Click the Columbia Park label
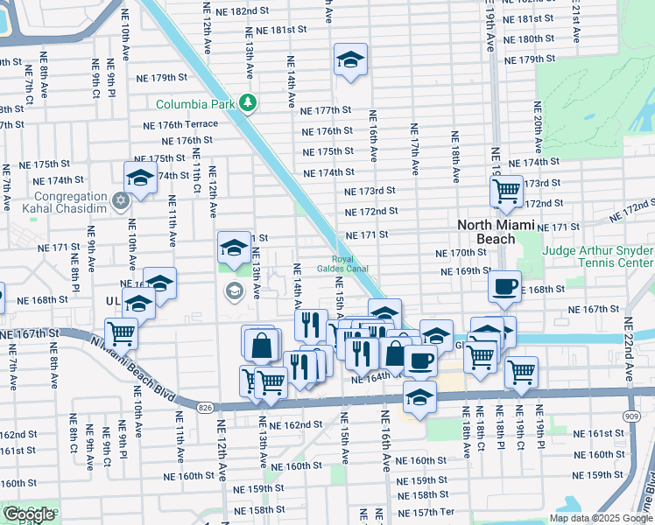point(195,103)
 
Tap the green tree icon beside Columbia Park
point(249,103)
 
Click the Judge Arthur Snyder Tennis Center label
point(598,256)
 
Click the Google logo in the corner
point(29,514)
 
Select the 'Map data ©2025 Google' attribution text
point(600,518)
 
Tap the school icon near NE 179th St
point(350,60)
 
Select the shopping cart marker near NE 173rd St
point(506,190)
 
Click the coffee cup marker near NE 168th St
point(504,286)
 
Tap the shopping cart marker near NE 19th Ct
point(522,371)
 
